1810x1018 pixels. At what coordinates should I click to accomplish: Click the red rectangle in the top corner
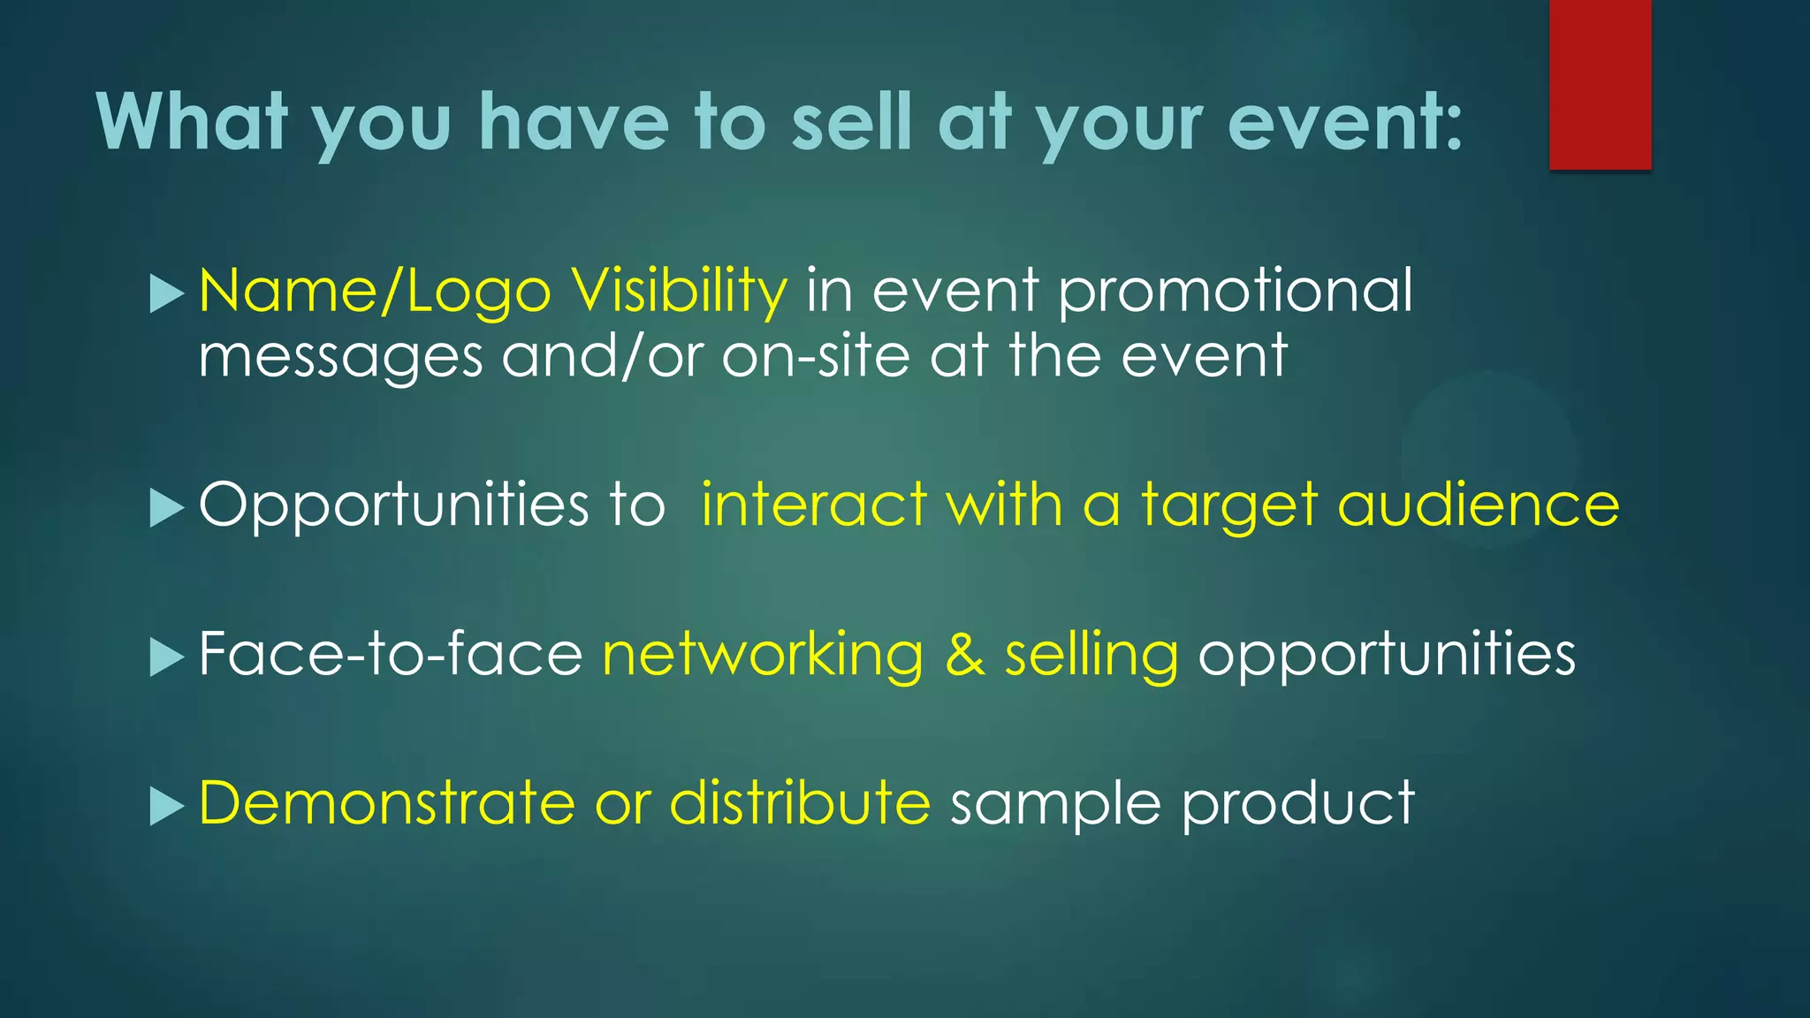click(1600, 84)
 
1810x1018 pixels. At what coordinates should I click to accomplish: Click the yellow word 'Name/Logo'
click(375, 292)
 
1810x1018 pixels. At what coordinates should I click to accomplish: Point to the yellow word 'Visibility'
click(678, 292)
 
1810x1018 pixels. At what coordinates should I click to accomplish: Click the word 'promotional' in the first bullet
click(1235, 292)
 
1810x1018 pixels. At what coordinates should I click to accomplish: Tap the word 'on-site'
click(815, 356)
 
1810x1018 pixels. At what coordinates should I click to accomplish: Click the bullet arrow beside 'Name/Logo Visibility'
click(166, 293)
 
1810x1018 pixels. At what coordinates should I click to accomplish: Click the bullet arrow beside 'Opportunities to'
click(166, 508)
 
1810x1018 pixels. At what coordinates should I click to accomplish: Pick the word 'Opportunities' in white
click(393, 506)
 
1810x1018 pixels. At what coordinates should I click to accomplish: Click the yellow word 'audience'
click(1478, 505)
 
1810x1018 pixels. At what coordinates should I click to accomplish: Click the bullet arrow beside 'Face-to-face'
click(166, 657)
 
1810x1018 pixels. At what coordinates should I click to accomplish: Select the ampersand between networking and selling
click(964, 656)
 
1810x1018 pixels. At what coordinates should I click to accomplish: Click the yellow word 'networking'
click(762, 656)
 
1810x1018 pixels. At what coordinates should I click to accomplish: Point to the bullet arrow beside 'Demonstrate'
click(166, 806)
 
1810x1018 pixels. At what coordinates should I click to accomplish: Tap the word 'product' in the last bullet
click(1297, 804)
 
